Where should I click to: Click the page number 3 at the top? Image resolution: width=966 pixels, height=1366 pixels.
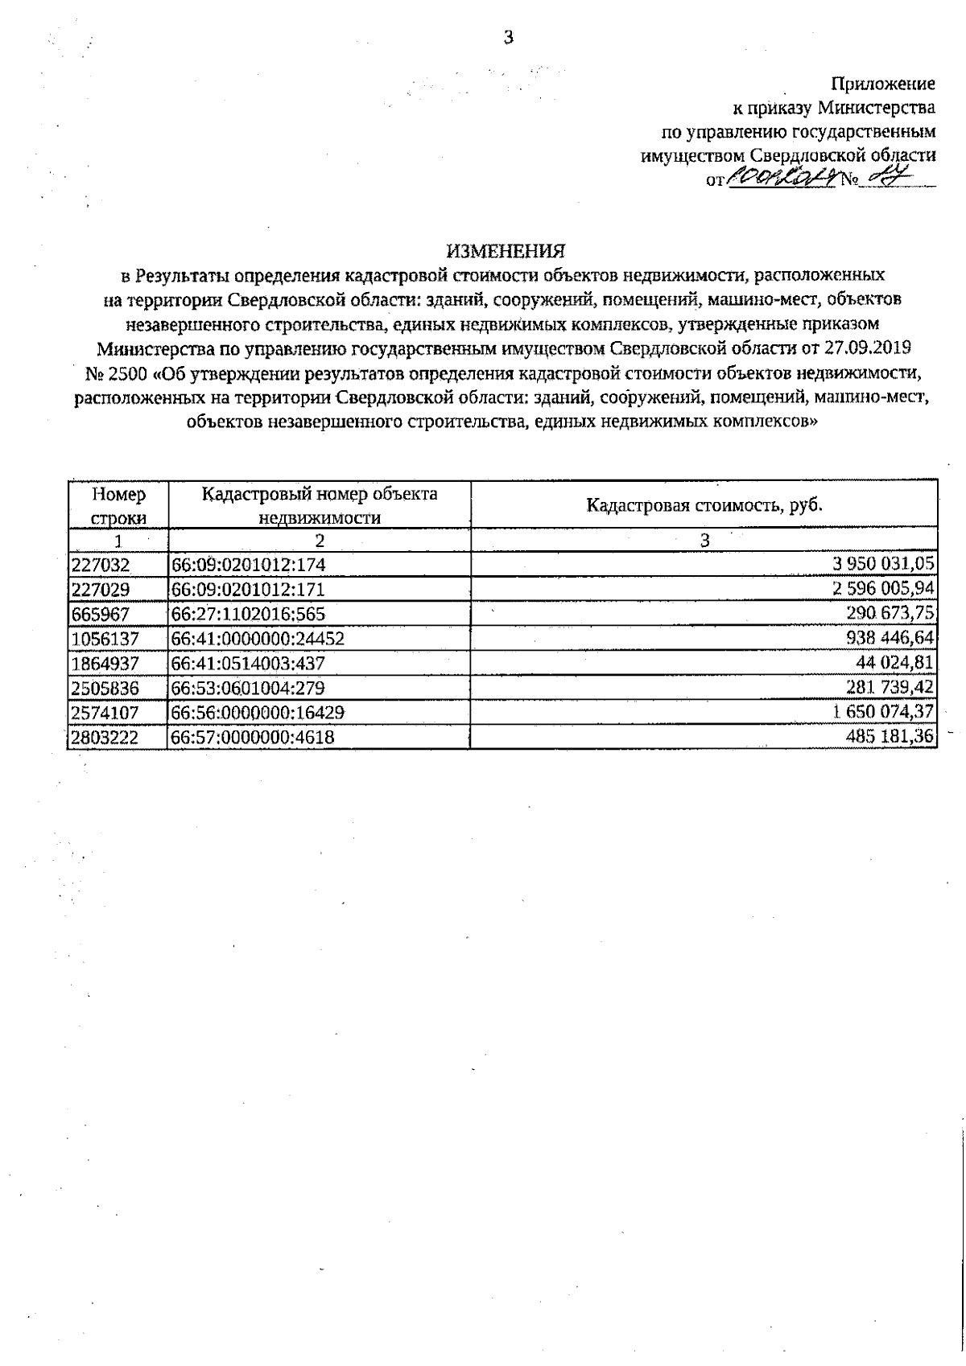coord(507,37)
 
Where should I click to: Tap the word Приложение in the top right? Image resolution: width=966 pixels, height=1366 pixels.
coord(882,84)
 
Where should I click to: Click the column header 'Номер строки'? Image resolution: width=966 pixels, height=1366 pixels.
coord(118,505)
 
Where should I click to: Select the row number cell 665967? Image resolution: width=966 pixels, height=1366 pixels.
coord(101,614)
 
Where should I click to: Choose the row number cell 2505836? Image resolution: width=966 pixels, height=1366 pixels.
coord(105,687)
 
